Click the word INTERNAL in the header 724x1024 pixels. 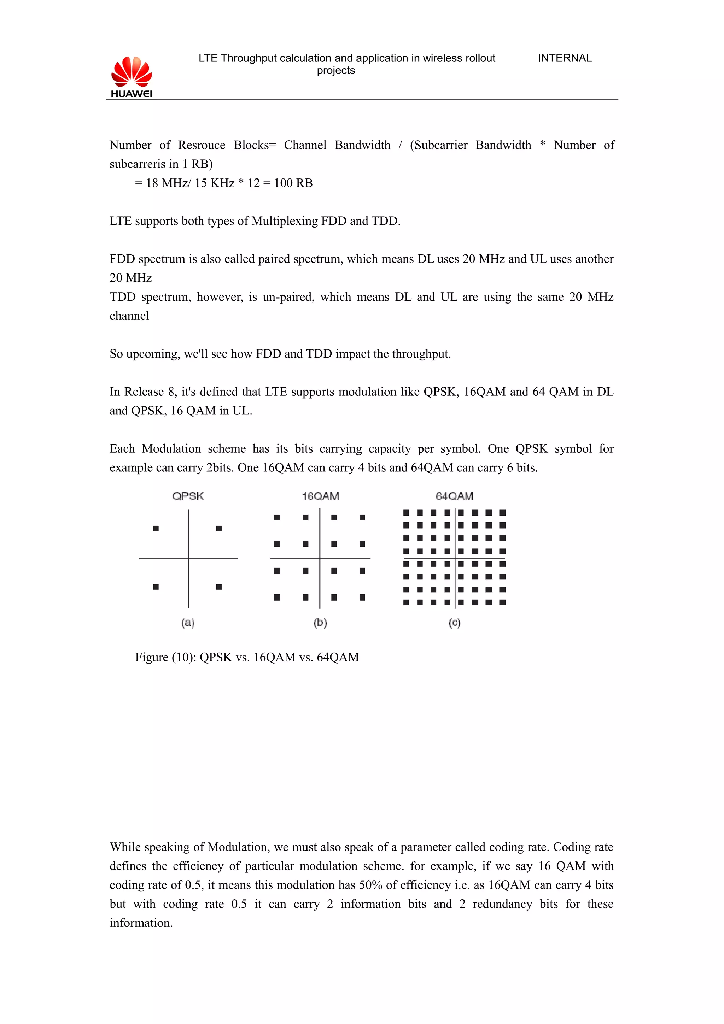(564, 58)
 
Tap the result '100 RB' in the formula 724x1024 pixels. (293, 183)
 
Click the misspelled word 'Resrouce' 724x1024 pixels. (202, 145)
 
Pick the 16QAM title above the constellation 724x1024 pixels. (320, 496)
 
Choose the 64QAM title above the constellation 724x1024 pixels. (454, 496)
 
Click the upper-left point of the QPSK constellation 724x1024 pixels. (156, 529)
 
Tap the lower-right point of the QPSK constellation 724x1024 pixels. (218, 587)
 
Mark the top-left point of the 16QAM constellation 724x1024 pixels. (277, 517)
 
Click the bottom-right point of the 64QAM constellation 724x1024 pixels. (502, 602)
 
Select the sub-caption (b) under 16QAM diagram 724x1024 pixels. (320, 623)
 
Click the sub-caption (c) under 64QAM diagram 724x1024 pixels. (454, 623)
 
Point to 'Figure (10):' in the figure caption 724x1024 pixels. (165, 657)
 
